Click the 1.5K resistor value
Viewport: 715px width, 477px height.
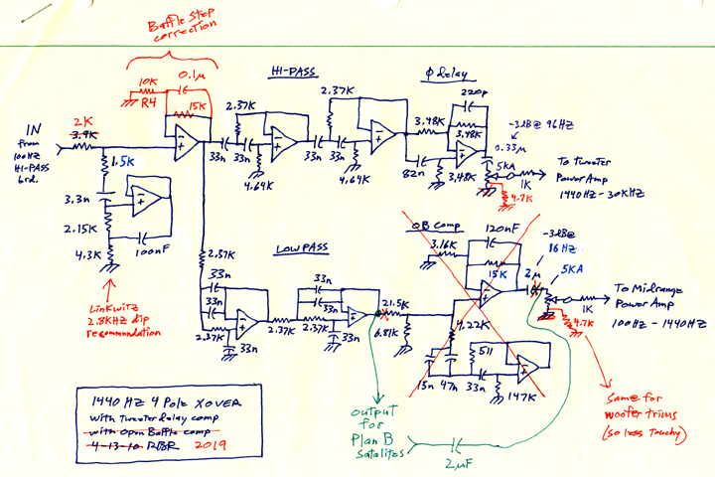pos(123,160)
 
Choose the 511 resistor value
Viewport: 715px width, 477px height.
pos(488,350)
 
